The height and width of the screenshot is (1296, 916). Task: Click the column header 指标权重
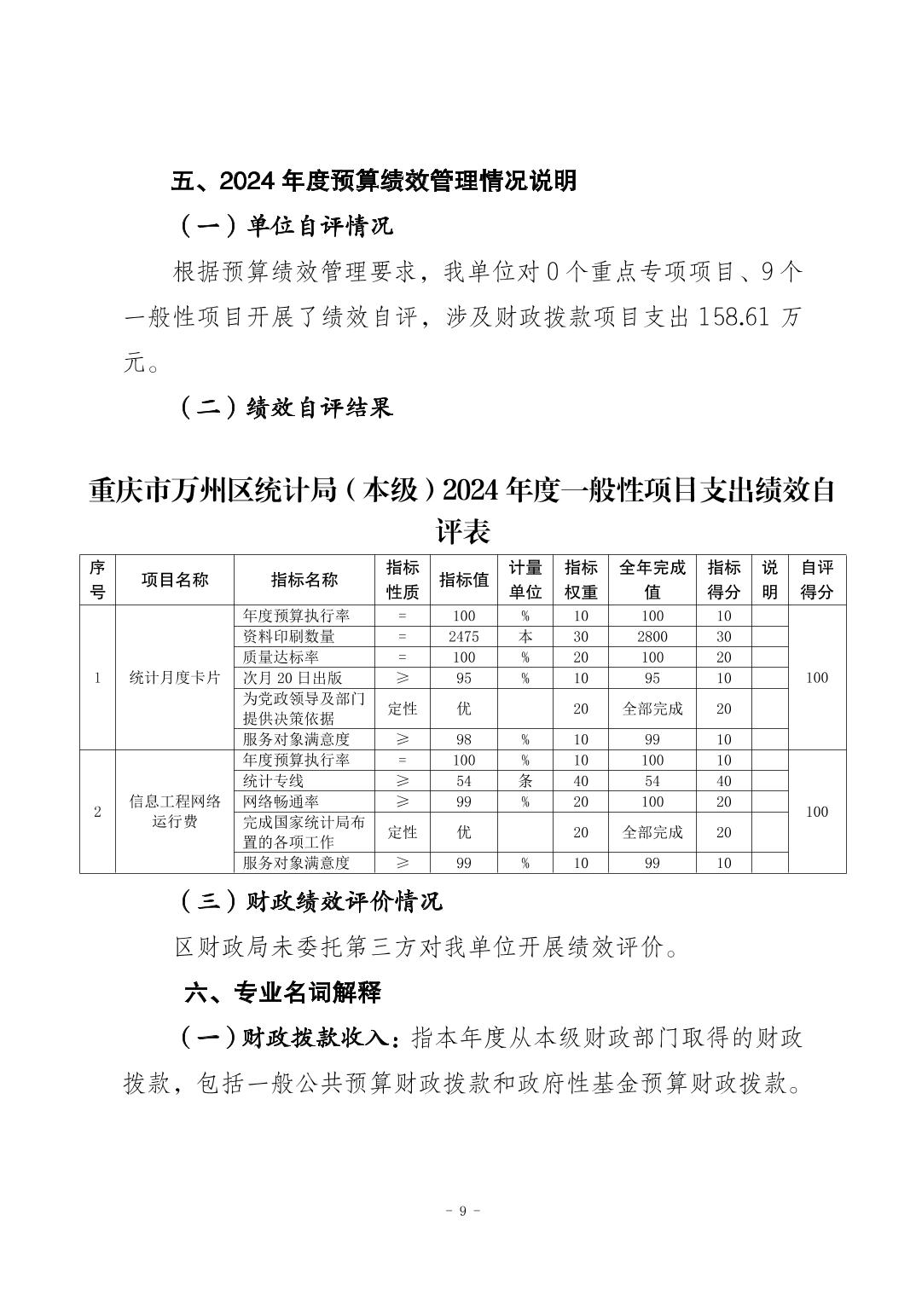click(x=580, y=580)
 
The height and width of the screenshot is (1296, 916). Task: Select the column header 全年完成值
click(x=652, y=580)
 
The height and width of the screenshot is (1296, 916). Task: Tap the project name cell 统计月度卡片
click(x=174, y=678)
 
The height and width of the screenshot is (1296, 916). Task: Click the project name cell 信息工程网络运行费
click(x=174, y=812)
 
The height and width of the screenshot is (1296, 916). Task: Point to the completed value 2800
click(x=652, y=636)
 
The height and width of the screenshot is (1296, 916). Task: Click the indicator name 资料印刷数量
click(x=289, y=636)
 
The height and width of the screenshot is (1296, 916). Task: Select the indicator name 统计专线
click(x=273, y=781)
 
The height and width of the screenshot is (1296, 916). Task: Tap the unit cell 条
click(x=525, y=781)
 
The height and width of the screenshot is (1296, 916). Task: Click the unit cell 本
click(x=525, y=636)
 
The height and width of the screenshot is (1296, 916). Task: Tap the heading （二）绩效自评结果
click(x=286, y=408)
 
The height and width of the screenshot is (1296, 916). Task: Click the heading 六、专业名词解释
click(x=283, y=992)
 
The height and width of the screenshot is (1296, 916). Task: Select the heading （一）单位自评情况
click(x=286, y=227)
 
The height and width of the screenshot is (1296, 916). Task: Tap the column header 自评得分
click(x=816, y=580)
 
